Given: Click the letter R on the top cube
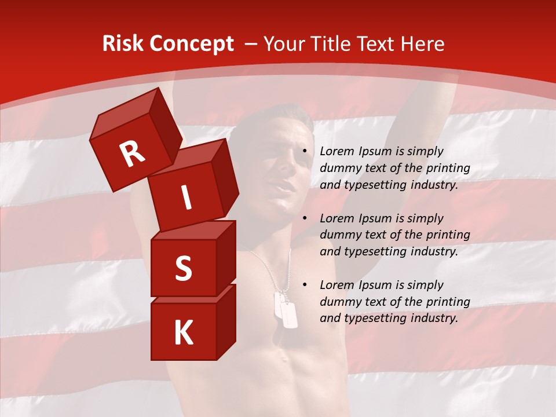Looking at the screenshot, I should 132,153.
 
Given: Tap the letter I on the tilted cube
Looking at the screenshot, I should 186,197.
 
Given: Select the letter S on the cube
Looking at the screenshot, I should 183,268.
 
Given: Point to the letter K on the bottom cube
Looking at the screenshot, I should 183,333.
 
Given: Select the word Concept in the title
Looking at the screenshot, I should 191,44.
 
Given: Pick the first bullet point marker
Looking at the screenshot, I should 305,152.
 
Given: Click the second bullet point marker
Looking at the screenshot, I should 305,219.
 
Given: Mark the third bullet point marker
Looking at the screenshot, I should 305,286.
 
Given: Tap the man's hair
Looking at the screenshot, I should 272,116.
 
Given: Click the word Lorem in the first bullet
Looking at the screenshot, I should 335,151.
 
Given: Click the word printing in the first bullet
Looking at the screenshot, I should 448,168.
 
